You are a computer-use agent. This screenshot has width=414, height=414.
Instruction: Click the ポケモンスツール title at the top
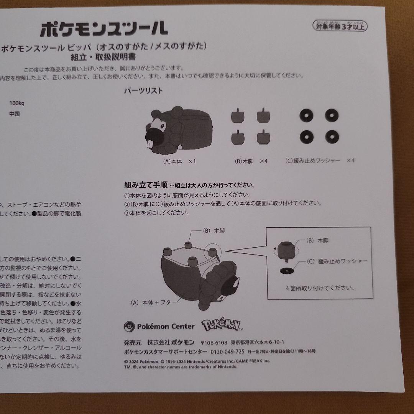[x=104, y=28]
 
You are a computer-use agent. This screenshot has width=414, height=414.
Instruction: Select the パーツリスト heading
[x=143, y=91]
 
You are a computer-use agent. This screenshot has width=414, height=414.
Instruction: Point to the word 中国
[x=15, y=114]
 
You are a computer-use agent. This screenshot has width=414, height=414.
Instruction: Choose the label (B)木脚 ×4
[x=251, y=161]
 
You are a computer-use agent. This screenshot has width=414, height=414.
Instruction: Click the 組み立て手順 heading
[x=146, y=185]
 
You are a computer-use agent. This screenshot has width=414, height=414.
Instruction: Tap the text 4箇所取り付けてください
[x=320, y=287]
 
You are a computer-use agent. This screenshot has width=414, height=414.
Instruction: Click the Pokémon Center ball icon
[x=129, y=327]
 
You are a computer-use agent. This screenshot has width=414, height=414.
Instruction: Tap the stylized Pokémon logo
[x=222, y=326]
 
